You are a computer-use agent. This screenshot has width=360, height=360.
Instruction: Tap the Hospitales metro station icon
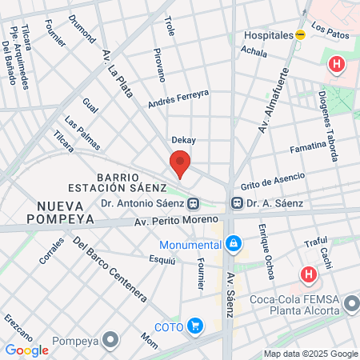(x=300, y=35)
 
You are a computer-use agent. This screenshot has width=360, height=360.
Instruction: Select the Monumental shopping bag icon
(x=232, y=242)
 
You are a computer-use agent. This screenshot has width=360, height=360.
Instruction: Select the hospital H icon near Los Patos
(x=337, y=63)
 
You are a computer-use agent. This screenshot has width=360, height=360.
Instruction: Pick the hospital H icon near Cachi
(x=309, y=274)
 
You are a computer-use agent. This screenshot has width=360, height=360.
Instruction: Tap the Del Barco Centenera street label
(x=109, y=269)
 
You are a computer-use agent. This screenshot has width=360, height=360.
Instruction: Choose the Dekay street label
(x=183, y=140)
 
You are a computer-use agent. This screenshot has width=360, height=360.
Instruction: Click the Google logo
(x=27, y=350)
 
